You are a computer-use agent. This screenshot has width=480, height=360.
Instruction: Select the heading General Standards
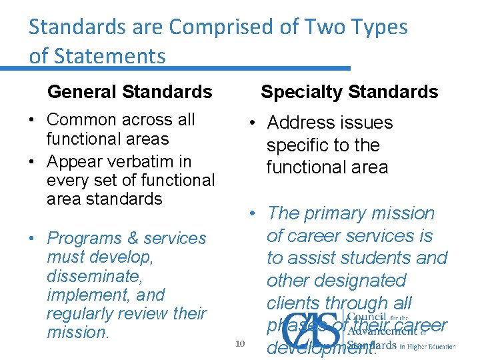[x=130, y=91]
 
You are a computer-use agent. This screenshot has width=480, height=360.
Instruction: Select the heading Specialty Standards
[x=349, y=91]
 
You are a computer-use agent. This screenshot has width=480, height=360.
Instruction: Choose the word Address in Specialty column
[x=301, y=123]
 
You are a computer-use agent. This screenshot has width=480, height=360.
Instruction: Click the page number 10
[x=241, y=343]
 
